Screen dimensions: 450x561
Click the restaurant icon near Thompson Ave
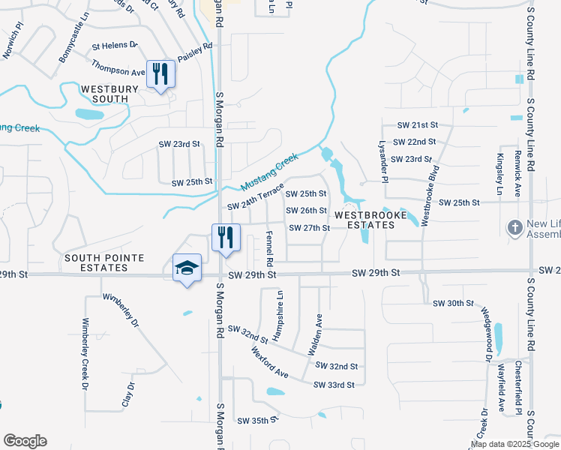point(160,73)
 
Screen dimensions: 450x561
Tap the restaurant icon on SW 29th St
point(225,238)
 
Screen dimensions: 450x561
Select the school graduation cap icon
point(187,268)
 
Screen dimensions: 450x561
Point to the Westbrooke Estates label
point(364,220)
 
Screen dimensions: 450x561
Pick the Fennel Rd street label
point(269,246)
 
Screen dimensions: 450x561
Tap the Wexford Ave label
point(270,361)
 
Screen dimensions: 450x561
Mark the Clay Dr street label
point(128,395)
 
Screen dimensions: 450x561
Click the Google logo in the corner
point(25,441)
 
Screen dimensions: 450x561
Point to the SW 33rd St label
point(334,385)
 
